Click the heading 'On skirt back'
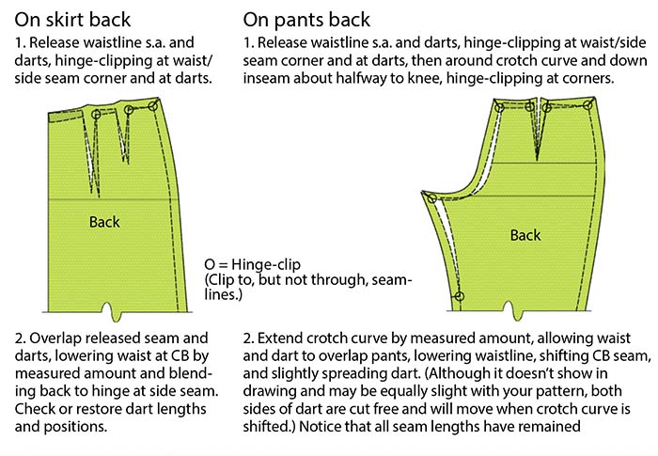tap(72, 20)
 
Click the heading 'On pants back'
tap(306, 20)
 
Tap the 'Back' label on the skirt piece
tap(104, 222)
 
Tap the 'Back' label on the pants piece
tap(525, 235)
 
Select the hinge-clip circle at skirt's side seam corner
tap(152, 106)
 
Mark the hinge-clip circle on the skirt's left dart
tap(96, 114)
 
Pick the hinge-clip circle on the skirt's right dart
tap(129, 110)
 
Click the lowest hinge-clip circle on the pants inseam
tap(460, 296)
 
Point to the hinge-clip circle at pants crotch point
tap(431, 198)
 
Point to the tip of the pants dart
tap(537, 160)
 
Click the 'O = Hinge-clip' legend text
tap(252, 264)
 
